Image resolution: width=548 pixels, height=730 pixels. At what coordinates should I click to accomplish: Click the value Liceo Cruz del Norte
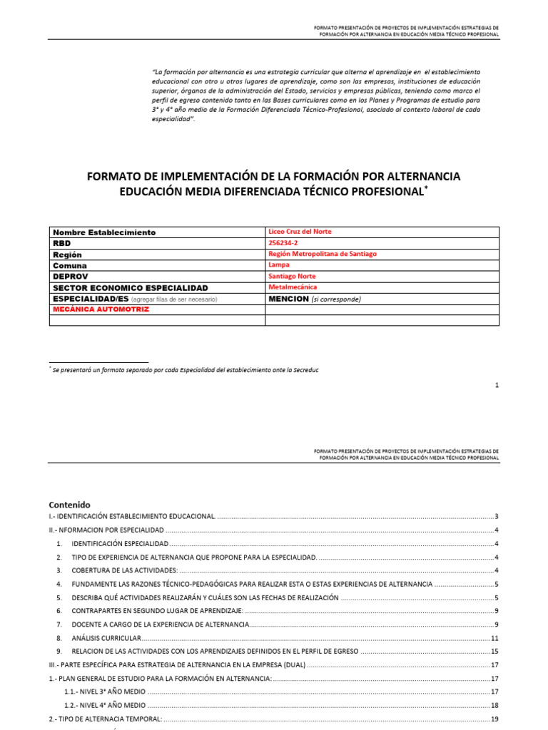click(x=299, y=232)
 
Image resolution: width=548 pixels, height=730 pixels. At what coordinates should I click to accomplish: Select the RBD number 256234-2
click(x=283, y=243)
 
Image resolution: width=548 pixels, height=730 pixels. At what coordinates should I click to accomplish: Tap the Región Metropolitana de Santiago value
click(x=322, y=254)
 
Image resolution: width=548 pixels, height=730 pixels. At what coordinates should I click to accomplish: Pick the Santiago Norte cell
click(x=291, y=276)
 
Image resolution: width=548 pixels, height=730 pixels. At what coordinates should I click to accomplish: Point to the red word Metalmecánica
click(x=293, y=287)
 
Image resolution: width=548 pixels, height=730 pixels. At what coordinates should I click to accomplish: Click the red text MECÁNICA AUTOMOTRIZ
click(x=101, y=309)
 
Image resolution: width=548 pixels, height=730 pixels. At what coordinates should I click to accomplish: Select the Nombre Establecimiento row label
click(x=104, y=232)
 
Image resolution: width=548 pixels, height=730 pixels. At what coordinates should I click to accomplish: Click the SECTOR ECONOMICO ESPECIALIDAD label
click(x=130, y=287)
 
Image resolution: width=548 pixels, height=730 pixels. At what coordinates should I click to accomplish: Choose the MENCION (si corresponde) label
click(x=315, y=299)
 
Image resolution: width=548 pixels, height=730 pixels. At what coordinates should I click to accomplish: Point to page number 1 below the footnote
click(x=497, y=385)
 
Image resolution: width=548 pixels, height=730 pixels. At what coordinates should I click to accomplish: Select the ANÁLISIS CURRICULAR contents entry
click(x=106, y=637)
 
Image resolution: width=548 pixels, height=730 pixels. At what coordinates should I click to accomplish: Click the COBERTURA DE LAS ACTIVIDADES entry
click(x=124, y=570)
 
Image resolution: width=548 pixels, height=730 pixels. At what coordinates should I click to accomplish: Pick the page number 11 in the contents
click(x=494, y=637)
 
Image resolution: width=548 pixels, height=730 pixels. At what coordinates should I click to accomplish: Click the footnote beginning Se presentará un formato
click(x=185, y=371)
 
